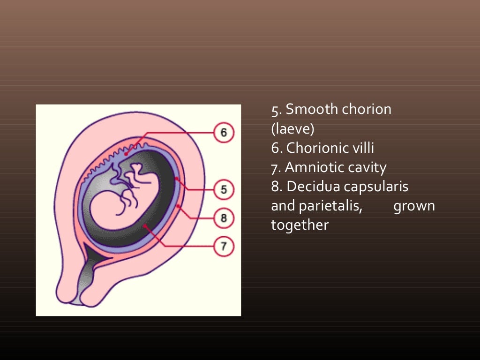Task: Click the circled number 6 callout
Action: (224, 133)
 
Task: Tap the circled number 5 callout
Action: (224, 190)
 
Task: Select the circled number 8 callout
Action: (224, 218)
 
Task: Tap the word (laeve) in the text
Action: (292, 129)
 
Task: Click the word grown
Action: (414, 206)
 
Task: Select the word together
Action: (300, 225)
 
